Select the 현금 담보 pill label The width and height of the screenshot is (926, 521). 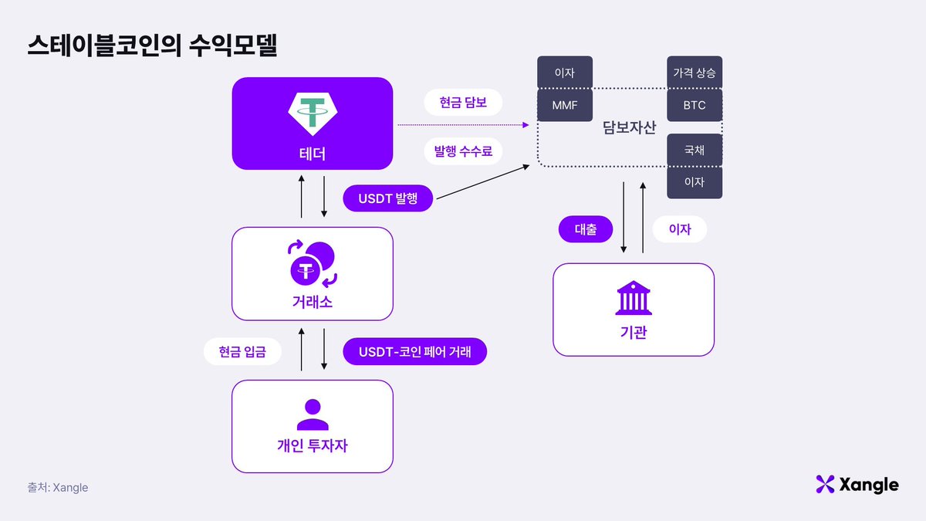point(463,102)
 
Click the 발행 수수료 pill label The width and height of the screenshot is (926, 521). point(463,151)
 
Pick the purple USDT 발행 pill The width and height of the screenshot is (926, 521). point(387,198)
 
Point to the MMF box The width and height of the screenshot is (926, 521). point(565,105)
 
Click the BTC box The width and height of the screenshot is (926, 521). point(694,105)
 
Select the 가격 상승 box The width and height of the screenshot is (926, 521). point(694,73)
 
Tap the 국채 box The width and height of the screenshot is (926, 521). point(694,151)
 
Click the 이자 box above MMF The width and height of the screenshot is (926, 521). point(565,73)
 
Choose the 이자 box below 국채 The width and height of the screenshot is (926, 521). point(694,183)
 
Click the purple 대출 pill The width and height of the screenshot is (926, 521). point(586,229)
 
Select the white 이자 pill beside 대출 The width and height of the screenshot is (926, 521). point(679,229)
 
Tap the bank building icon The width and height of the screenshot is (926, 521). point(634,298)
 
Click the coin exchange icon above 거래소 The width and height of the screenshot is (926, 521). point(313,263)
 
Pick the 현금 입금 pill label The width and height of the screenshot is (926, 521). point(242,352)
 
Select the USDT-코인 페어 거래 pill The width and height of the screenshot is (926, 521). point(414,352)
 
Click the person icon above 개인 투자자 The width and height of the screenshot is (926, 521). point(313,414)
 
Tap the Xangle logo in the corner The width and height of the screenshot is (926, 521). point(857,485)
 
